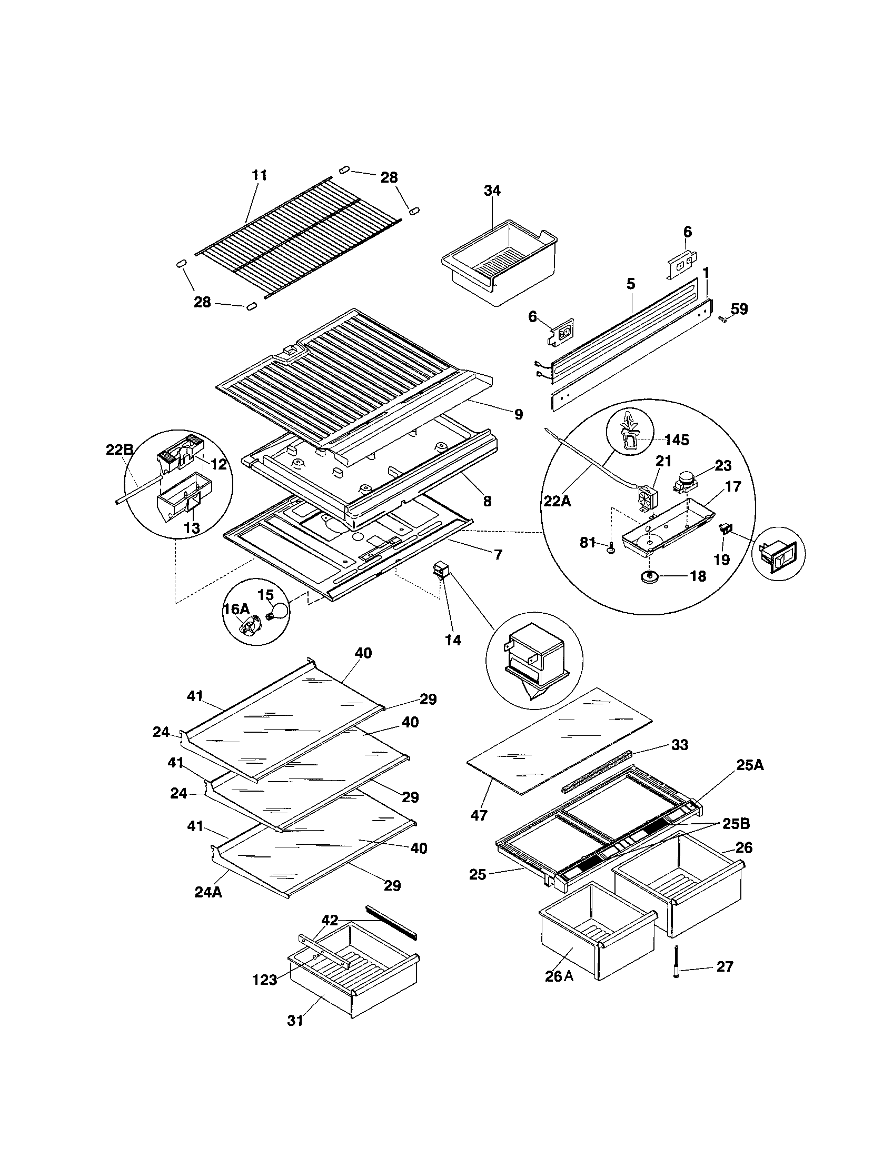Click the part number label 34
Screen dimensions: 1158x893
492,191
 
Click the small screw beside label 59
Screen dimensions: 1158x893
721,318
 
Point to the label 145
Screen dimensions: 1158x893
676,440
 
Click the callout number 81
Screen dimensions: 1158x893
587,542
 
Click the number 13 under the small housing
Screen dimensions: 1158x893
192,527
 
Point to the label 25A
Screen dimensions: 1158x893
750,765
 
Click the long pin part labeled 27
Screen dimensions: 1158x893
677,966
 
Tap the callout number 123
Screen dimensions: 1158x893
265,980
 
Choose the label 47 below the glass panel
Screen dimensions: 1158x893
478,815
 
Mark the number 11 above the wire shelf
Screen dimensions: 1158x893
259,175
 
